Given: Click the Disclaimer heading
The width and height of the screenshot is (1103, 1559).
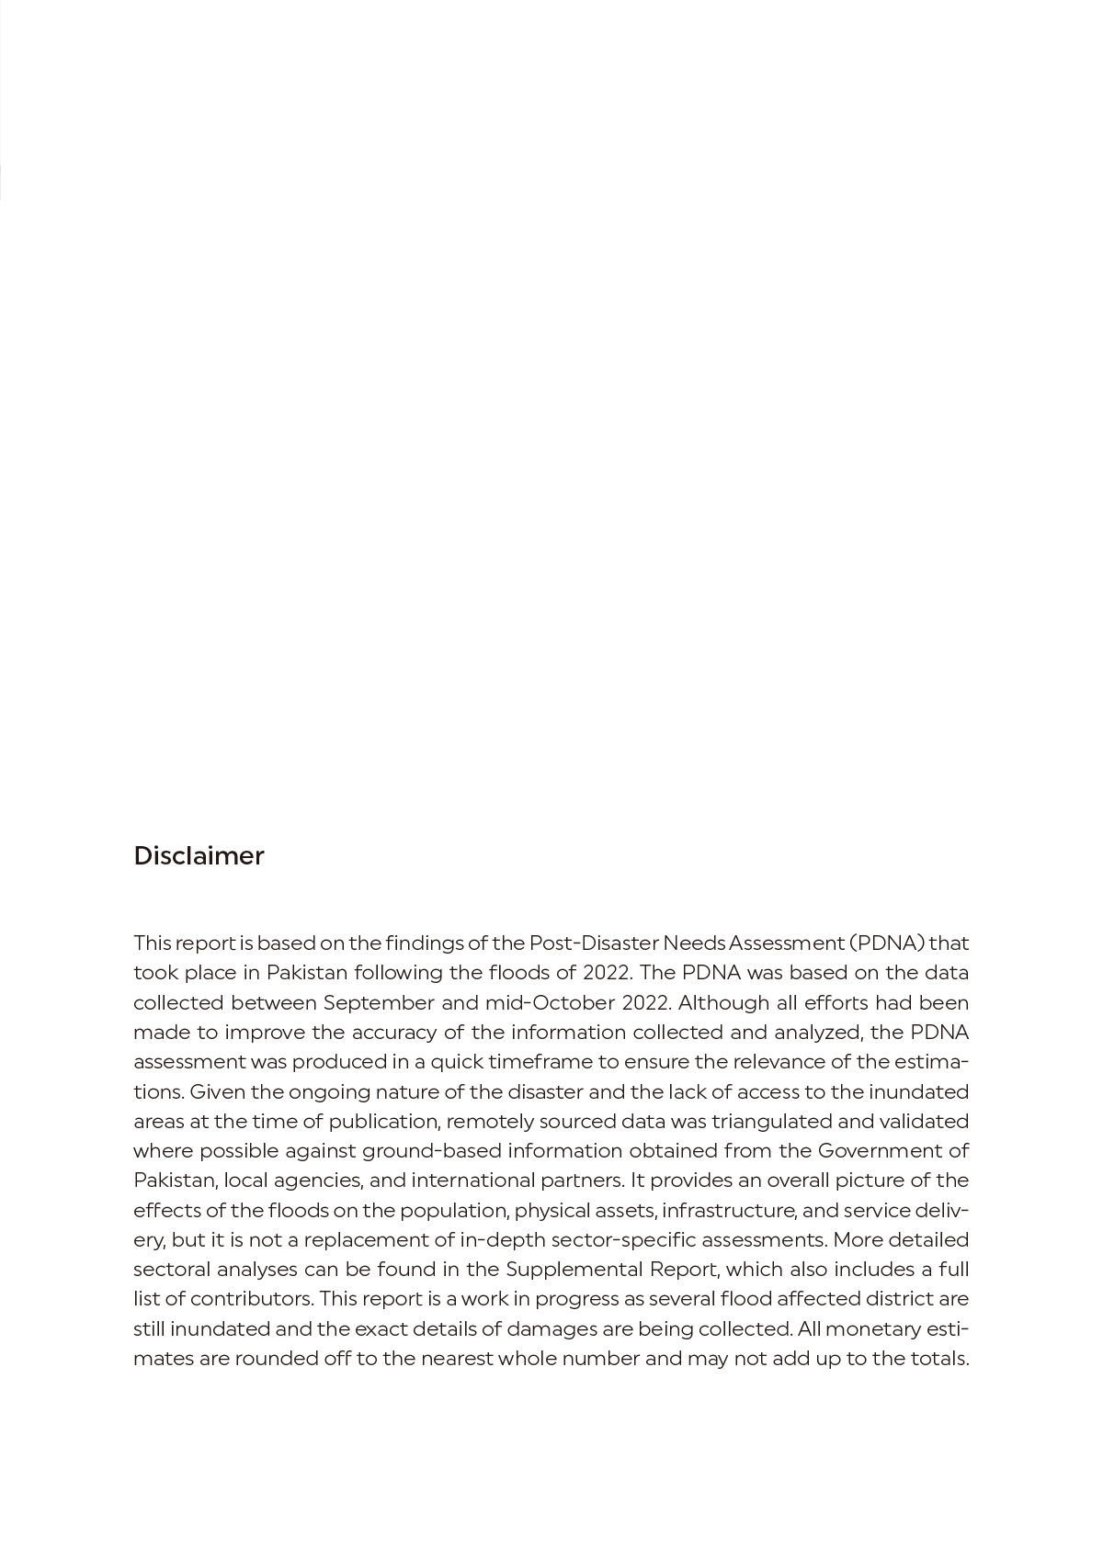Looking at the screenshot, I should click(199, 855).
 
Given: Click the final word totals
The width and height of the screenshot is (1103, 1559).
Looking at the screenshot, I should click(941, 1358).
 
